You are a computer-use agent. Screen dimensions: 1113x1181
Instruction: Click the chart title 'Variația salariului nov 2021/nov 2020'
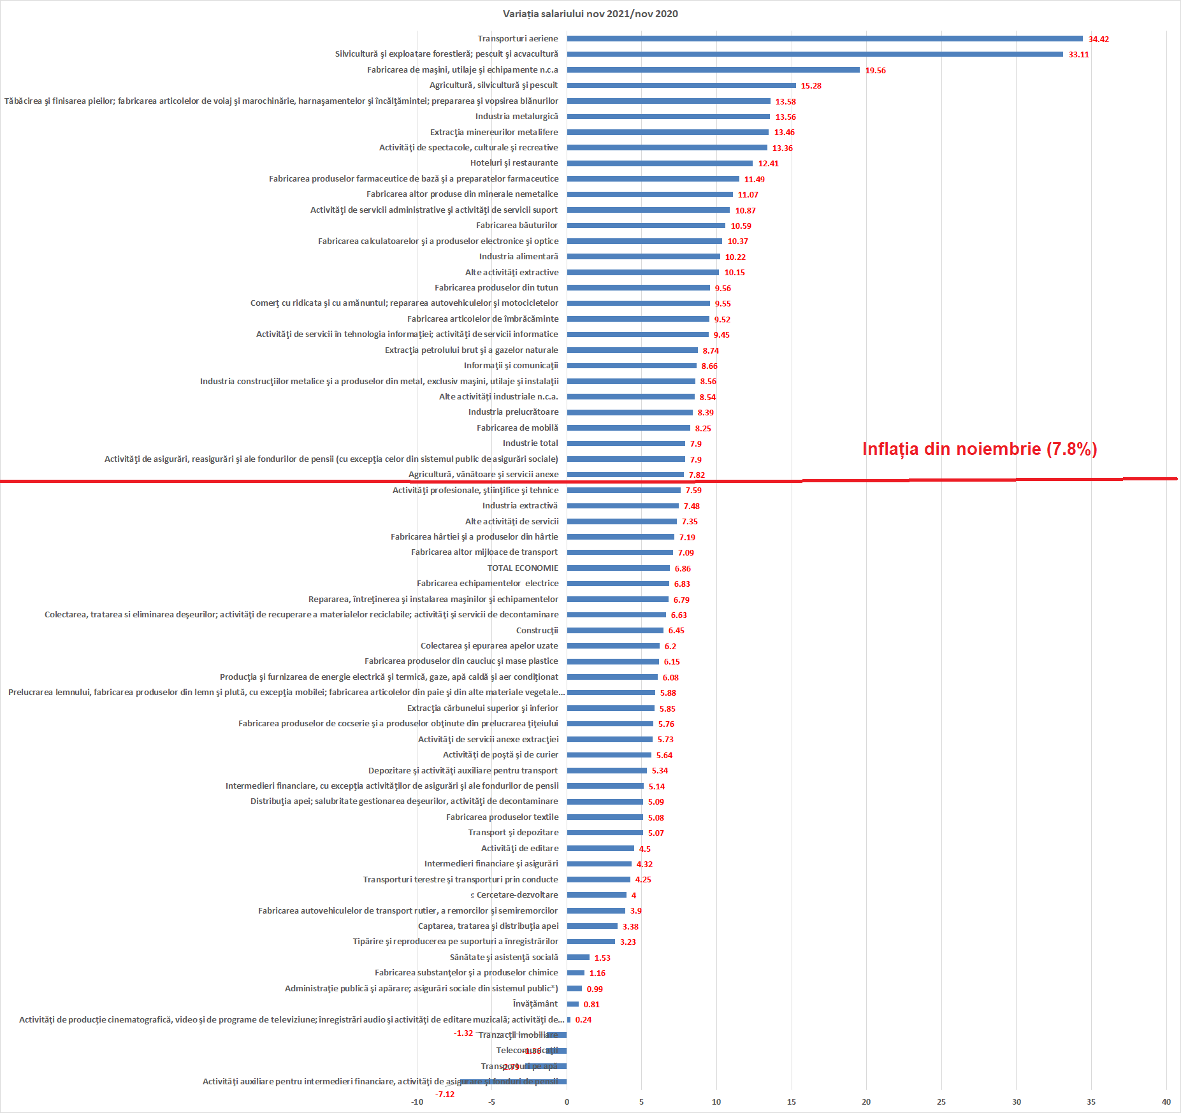tap(590, 14)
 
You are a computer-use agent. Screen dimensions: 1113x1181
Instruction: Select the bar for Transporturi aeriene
tap(824, 39)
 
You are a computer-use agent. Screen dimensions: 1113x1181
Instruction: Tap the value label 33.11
tap(1078, 55)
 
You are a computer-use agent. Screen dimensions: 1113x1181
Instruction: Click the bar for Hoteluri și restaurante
tap(660, 164)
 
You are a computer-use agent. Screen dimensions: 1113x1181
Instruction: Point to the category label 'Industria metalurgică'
tap(516, 117)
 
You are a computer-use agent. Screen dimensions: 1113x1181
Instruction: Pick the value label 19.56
tap(875, 71)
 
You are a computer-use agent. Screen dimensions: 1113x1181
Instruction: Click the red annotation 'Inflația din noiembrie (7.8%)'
tap(980, 449)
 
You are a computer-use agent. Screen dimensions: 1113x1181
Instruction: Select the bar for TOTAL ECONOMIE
tap(618, 568)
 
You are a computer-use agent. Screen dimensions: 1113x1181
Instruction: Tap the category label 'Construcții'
tap(537, 631)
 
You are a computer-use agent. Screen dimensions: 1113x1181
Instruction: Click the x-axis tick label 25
tap(941, 1102)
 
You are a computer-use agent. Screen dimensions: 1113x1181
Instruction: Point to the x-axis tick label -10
tap(417, 1102)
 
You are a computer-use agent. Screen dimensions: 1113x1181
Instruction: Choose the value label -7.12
tap(445, 1095)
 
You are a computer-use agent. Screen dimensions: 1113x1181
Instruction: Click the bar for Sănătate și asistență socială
tap(578, 958)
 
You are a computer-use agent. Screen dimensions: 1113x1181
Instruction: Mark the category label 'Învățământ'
tap(535, 1004)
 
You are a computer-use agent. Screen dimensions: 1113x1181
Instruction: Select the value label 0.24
tap(583, 1020)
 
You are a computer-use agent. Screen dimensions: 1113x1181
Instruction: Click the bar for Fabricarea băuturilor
tap(646, 226)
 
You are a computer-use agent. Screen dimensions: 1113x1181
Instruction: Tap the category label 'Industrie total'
tap(530, 443)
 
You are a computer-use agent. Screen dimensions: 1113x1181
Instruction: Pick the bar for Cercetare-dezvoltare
tap(597, 895)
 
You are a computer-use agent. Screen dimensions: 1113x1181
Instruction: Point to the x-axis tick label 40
tap(1166, 1102)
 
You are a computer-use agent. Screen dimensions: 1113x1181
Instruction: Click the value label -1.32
tap(463, 1033)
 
